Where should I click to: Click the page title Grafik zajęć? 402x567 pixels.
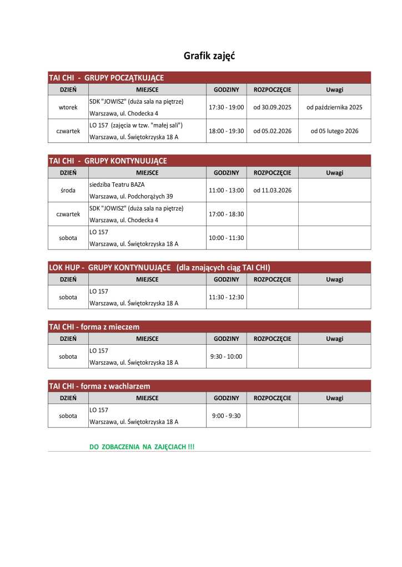209,56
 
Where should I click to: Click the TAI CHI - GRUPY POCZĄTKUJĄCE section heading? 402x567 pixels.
106,78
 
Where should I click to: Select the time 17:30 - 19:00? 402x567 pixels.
226,108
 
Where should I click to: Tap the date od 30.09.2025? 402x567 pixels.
272,108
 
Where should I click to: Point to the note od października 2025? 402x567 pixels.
334,108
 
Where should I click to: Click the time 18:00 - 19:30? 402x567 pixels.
226,131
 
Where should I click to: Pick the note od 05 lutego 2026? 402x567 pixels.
334,131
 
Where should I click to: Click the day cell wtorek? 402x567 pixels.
68,108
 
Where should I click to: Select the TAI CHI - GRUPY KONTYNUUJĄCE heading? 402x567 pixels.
108,161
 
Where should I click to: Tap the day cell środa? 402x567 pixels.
68,190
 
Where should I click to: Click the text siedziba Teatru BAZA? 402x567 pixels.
117,184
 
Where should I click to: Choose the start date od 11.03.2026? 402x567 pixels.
272,190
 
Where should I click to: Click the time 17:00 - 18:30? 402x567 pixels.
226,214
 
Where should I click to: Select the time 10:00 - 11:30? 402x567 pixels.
226,238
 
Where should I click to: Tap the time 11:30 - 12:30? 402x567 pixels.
226,297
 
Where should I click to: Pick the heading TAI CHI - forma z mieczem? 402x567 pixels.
94,327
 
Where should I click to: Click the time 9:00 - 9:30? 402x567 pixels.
226,416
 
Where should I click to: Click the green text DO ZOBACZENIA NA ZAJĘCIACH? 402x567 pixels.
142,446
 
